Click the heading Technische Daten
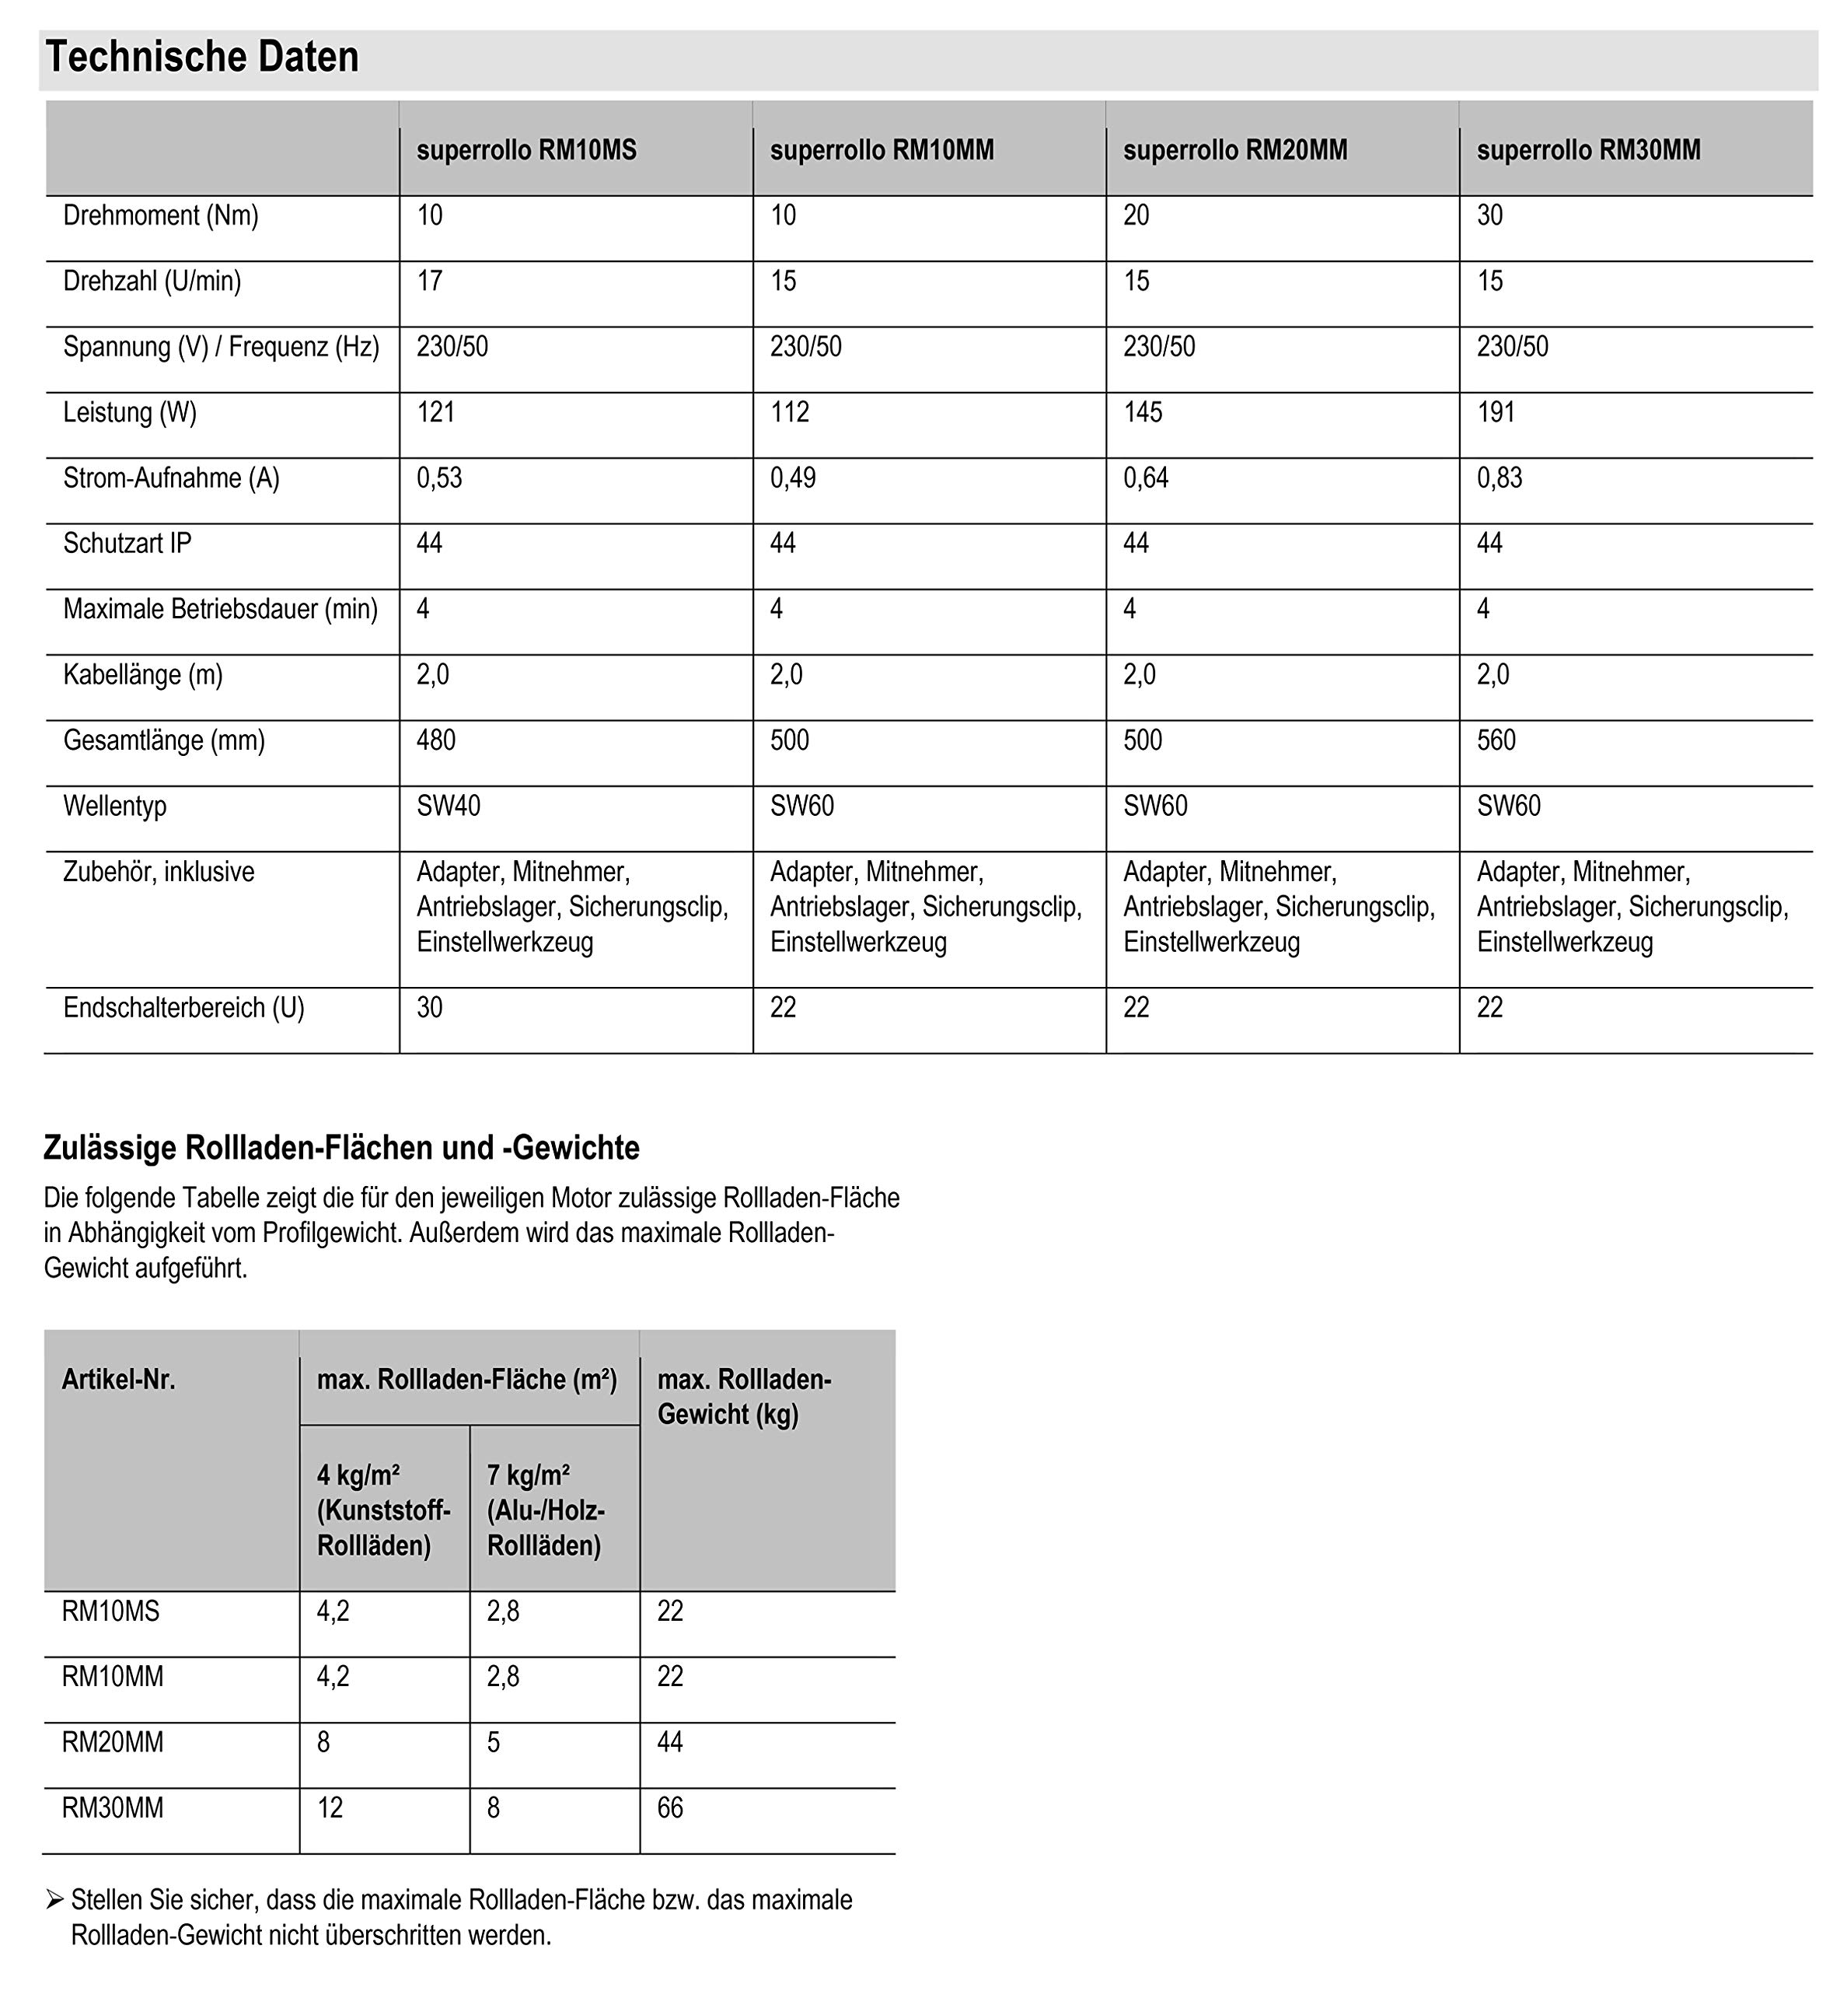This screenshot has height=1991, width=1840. point(202,58)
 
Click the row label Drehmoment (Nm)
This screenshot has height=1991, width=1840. point(160,215)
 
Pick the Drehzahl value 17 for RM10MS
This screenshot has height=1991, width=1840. point(429,281)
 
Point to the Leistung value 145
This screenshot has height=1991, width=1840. point(1142,412)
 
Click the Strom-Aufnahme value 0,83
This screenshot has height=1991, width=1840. point(1500,478)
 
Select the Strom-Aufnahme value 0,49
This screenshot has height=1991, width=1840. point(793,478)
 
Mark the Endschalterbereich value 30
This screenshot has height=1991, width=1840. point(429,1008)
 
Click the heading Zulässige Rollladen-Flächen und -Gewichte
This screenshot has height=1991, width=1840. point(340,1149)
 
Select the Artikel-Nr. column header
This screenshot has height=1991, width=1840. point(118,1380)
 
